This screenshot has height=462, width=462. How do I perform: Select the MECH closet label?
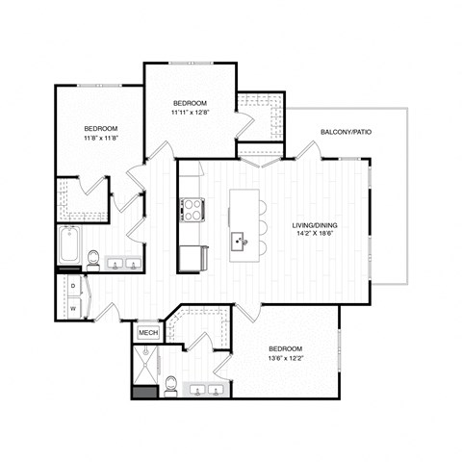pyautogui.click(x=148, y=333)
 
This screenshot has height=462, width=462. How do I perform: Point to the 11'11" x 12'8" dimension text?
pyautogui.click(x=190, y=113)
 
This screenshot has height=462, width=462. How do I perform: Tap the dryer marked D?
pyautogui.click(x=73, y=286)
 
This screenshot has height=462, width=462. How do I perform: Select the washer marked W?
pyautogui.click(x=73, y=308)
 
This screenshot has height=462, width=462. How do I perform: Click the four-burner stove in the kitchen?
pyautogui.click(x=189, y=207)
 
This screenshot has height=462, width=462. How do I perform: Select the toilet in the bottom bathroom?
pyautogui.click(x=169, y=386)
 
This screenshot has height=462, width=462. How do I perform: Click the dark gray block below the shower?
pyautogui.click(x=143, y=392)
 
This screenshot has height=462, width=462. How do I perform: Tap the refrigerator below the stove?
pyautogui.click(x=189, y=258)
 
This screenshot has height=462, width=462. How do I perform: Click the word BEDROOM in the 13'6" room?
pyautogui.click(x=286, y=347)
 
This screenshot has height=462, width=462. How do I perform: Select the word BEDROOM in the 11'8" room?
pyautogui.click(x=100, y=129)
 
